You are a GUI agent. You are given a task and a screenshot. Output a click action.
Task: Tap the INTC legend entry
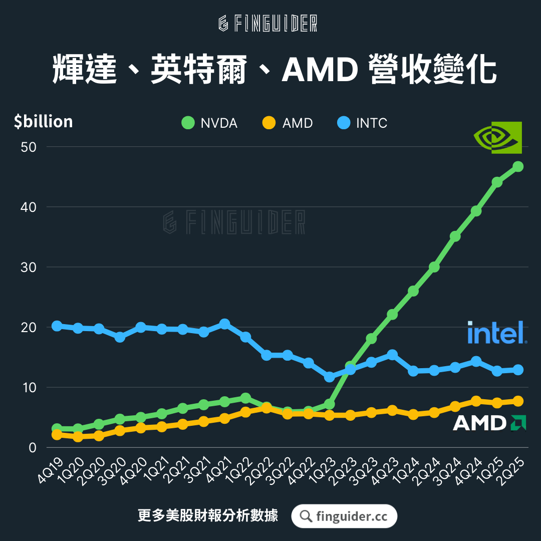click(x=363, y=123)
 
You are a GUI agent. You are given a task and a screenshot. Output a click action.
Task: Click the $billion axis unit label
click(x=44, y=122)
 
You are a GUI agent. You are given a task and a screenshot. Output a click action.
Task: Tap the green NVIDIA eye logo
click(x=498, y=137)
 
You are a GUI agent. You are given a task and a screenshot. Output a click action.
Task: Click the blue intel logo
click(x=497, y=333)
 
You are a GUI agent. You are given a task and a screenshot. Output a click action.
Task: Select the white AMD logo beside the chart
click(x=489, y=423)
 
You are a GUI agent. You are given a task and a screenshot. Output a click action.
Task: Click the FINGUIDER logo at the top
click(x=268, y=24)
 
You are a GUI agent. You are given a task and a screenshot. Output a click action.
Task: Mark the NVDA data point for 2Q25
click(x=518, y=166)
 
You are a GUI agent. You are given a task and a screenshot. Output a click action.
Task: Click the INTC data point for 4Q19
click(x=57, y=326)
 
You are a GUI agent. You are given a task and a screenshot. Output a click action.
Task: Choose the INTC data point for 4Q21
click(x=224, y=324)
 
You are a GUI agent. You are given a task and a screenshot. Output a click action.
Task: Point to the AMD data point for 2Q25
click(x=518, y=401)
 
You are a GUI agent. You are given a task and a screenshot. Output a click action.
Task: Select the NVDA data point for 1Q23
click(x=329, y=404)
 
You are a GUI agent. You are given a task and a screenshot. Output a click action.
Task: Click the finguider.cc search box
click(x=344, y=516)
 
